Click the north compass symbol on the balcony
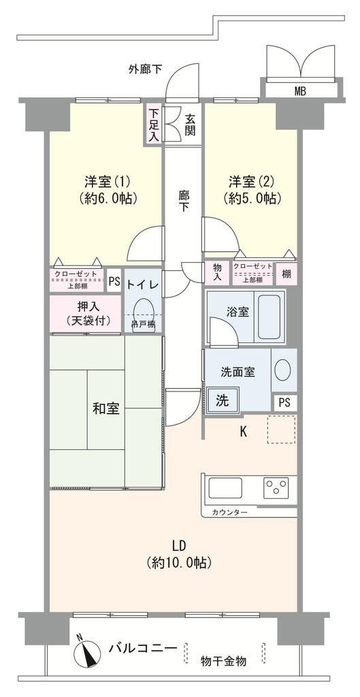tap(86, 650)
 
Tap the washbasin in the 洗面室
tap(282, 370)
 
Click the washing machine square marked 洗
tap(223, 401)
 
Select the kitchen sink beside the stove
tap(225, 488)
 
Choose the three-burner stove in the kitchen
tap(276, 488)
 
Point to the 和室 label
tap(106, 409)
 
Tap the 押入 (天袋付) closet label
tap(85, 313)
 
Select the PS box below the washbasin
tap(285, 402)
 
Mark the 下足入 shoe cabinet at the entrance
tap(154, 125)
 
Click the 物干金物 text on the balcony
tap(223, 660)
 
